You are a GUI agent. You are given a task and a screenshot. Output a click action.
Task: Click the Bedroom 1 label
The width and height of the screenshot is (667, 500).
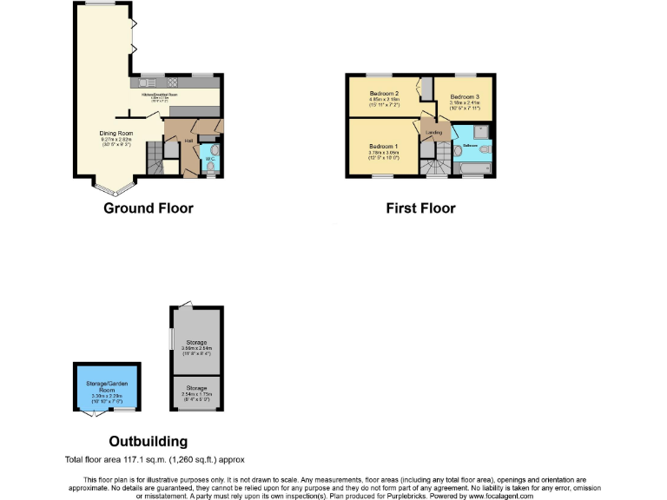383,145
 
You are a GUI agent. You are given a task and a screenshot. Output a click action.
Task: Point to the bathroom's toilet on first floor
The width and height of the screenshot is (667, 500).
485,149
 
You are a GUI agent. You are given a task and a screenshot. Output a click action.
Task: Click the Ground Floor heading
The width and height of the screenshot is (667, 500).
149,208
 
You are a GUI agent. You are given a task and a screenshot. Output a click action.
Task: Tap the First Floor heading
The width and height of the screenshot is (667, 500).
420,208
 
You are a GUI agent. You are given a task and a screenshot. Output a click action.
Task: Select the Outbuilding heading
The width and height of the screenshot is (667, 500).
148,441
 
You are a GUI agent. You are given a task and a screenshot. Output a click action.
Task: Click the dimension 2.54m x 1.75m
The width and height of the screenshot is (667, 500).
196,395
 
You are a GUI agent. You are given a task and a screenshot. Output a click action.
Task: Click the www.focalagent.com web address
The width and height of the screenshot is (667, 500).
493,496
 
